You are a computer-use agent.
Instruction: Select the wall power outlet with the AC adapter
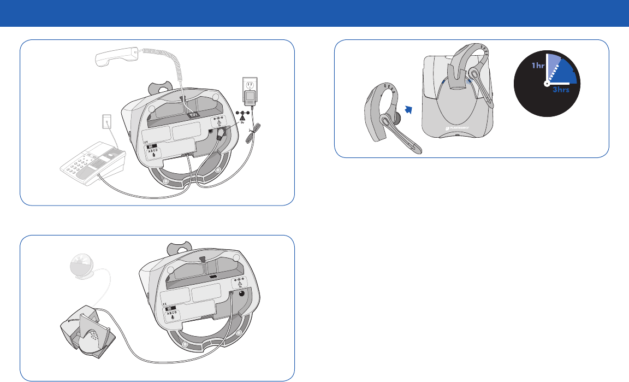(249, 92)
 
